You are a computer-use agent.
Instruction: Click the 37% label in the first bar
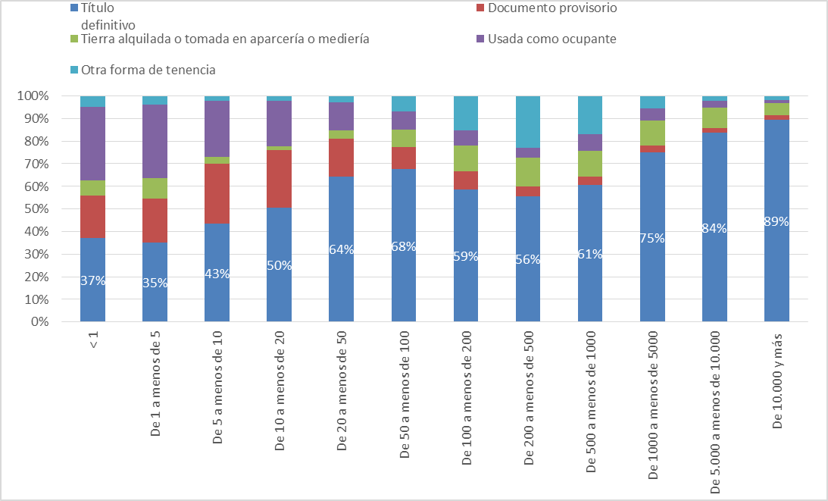pyautogui.click(x=92, y=280)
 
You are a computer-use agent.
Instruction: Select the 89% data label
pyautogui.click(x=776, y=222)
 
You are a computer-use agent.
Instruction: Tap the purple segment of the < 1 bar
pyautogui.click(x=92, y=143)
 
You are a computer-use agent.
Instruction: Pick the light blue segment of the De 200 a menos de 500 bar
pyautogui.click(x=528, y=121)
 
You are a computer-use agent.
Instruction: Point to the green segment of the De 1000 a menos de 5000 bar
pyautogui.click(x=652, y=133)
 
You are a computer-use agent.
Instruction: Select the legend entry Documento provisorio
pyautogui.click(x=552, y=8)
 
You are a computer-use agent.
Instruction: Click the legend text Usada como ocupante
pyautogui.click(x=552, y=39)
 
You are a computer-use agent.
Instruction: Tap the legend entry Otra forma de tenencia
pyautogui.click(x=148, y=70)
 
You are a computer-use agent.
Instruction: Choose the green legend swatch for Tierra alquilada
pyautogui.click(x=73, y=39)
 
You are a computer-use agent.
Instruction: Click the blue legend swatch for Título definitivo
pyautogui.click(x=73, y=8)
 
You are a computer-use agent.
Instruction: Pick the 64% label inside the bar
pyautogui.click(x=341, y=249)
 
